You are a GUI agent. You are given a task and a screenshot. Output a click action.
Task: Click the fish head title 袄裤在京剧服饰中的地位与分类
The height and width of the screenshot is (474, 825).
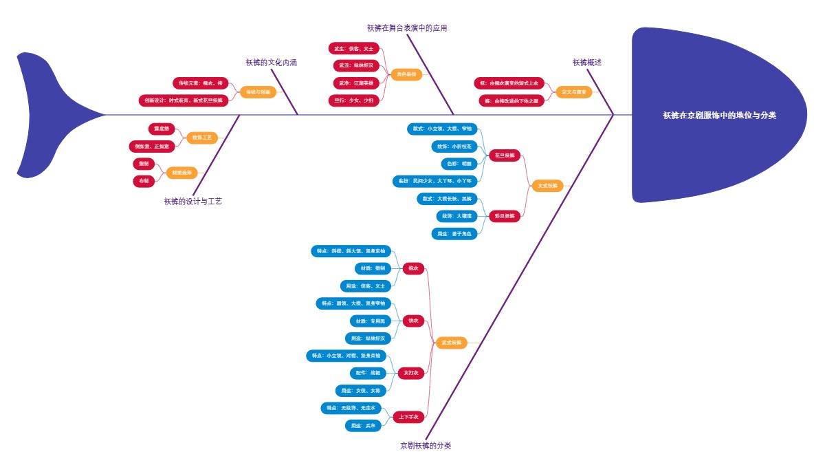(719, 116)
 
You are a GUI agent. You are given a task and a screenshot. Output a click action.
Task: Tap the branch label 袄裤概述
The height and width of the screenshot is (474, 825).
(587, 63)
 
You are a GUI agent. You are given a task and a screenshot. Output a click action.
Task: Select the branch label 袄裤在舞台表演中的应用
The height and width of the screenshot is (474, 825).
(407, 28)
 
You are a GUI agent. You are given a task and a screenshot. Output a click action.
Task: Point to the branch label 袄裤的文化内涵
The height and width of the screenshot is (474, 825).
(271, 63)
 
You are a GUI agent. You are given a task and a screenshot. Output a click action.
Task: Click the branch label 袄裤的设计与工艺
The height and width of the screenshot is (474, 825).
(192, 202)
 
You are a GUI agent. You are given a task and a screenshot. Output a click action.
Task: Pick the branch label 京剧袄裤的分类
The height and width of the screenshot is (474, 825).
(426, 446)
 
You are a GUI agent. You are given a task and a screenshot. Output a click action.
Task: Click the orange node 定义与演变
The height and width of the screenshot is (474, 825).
(573, 91)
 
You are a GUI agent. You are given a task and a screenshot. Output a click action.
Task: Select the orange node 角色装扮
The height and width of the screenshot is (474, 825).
(406, 74)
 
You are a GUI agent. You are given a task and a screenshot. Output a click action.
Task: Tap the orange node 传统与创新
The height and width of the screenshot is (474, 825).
(258, 91)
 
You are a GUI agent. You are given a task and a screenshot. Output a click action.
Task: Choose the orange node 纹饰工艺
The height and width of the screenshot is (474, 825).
(202, 138)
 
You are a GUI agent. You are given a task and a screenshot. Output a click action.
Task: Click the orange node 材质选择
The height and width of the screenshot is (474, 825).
(182, 173)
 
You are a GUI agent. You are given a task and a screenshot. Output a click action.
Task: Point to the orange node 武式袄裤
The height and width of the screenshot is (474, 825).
(451, 343)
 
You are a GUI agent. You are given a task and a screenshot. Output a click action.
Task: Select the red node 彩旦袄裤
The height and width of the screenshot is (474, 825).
(505, 216)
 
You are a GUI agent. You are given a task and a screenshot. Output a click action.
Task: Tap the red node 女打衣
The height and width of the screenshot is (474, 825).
(410, 373)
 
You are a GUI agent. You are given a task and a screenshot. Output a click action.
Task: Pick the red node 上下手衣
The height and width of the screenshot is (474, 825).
(410, 416)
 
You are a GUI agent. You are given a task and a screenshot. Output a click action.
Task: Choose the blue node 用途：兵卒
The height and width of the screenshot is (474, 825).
(362, 426)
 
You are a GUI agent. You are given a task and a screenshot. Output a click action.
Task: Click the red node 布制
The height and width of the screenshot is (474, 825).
(143, 181)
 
